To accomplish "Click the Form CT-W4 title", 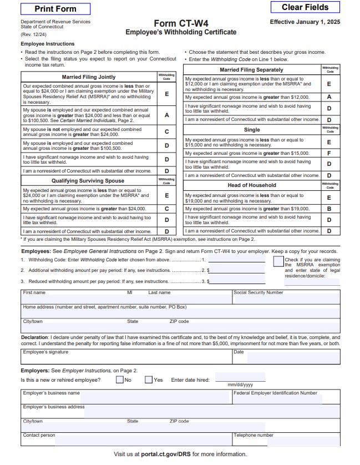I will pyautogui.click(x=180, y=23).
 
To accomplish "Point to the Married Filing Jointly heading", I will pyautogui.click(x=89, y=77).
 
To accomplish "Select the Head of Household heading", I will pyautogui.click(x=251, y=185).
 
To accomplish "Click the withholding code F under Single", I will pyautogui.click(x=329, y=153).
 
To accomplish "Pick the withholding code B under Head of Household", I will pyautogui.click(x=329, y=209).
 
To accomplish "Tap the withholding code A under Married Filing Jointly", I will pyautogui.click(x=166, y=115).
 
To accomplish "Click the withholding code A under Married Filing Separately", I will pyautogui.click(x=329, y=97).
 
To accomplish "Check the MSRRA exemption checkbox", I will pyautogui.click(x=278, y=261).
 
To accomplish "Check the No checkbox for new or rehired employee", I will pyautogui.click(x=119, y=380).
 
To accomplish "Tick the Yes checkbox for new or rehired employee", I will pyautogui.click(x=149, y=380).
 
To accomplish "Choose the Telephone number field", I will pyautogui.click(x=286, y=441).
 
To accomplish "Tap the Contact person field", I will pyautogui.click(x=126, y=441).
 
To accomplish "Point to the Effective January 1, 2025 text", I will pyautogui.click(x=305, y=22).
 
